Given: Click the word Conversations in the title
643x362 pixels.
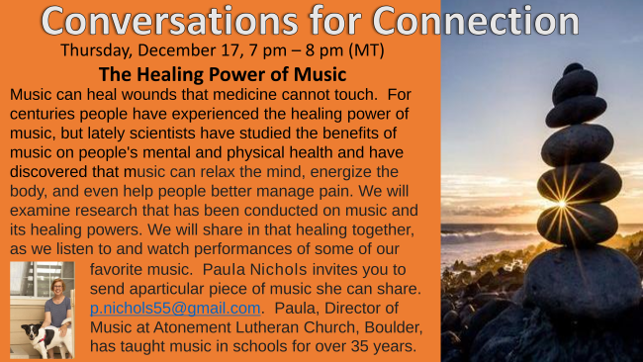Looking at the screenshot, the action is tap(169, 21).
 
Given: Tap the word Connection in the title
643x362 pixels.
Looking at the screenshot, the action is tap(476, 21).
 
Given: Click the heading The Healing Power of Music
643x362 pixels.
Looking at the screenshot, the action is tap(223, 74).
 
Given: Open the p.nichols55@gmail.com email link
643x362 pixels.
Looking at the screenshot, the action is tap(175, 308).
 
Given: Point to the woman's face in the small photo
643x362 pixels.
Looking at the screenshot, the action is tap(57, 288).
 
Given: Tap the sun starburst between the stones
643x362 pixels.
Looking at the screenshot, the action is tap(562, 204).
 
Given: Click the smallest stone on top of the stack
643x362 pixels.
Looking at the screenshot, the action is tap(573, 68).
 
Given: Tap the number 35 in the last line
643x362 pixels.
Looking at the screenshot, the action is tap(360, 346).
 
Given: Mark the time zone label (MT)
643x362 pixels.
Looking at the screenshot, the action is tap(366, 50).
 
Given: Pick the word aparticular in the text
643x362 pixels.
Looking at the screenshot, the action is tap(166, 289).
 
